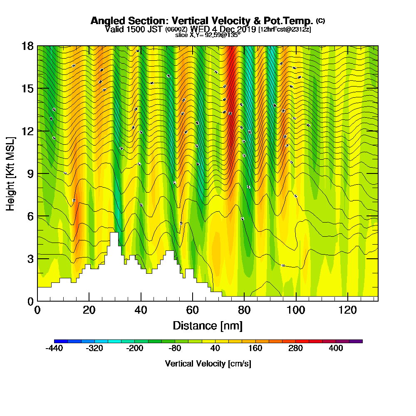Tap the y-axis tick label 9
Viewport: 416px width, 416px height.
pyautogui.click(x=30, y=173)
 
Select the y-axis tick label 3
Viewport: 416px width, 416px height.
pyautogui.click(x=30, y=259)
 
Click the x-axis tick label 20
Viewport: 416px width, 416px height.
pyautogui.click(x=89, y=310)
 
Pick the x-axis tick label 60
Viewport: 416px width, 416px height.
pyautogui.click(x=192, y=310)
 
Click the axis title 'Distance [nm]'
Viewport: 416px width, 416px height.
pyautogui.click(x=208, y=325)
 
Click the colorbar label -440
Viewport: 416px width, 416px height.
pyautogui.click(x=54, y=349)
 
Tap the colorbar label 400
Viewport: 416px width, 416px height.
pyautogui.click(x=336, y=349)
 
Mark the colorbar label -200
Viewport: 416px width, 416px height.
pyautogui.click(x=134, y=349)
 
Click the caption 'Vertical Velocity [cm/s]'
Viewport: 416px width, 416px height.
pyautogui.click(x=208, y=364)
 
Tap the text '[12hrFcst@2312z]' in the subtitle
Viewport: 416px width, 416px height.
pyautogui.click(x=285, y=30)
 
